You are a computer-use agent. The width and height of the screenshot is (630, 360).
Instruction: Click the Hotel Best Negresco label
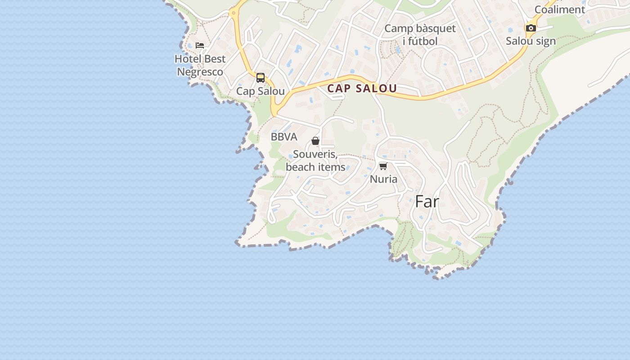[x=200, y=65]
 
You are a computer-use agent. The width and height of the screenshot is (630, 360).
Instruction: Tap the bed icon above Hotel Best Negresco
[x=200, y=45]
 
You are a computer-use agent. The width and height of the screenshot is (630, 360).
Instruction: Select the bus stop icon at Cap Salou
[x=261, y=78]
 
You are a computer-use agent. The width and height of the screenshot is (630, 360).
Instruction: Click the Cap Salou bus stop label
[x=261, y=91]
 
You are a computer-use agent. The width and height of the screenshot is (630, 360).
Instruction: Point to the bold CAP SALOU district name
[x=362, y=89]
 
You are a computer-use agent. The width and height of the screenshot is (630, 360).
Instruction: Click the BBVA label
[x=284, y=137]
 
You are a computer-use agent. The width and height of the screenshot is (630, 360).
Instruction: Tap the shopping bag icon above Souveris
[x=315, y=141]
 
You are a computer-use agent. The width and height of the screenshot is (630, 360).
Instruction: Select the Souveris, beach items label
[x=315, y=161]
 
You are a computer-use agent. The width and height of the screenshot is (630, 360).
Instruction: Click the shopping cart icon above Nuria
[x=383, y=166]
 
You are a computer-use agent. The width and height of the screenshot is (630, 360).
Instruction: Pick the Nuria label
[x=383, y=179]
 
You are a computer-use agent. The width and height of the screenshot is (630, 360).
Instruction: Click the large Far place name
[x=427, y=202]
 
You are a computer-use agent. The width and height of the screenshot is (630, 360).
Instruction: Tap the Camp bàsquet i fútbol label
[x=420, y=35]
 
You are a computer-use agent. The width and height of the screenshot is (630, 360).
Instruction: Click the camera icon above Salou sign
[x=531, y=28]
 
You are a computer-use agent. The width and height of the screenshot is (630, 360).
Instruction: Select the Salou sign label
[x=531, y=41]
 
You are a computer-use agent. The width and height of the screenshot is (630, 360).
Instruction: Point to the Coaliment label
[x=560, y=9]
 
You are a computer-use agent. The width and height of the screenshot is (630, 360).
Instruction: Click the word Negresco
[x=200, y=72]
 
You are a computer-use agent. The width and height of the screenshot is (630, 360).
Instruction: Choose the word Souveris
[x=315, y=154]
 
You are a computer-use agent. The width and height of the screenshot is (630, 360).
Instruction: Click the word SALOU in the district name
[x=377, y=89]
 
